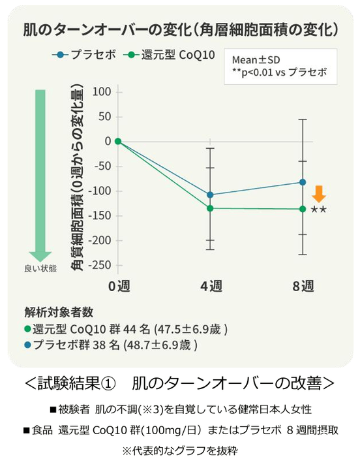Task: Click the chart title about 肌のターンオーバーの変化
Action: (180, 29)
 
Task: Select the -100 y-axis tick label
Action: (99, 191)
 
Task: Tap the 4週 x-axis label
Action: (210, 286)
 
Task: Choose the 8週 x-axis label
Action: (302, 286)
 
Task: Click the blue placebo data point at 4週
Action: (210, 195)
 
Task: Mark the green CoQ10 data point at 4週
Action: (210, 208)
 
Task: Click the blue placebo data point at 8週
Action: (302, 182)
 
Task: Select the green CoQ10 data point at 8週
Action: (302, 209)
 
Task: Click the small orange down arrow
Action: (319, 194)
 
